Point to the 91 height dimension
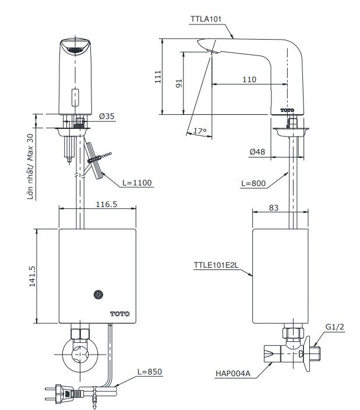pos(179,83)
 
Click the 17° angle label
pos(200,131)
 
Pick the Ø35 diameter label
pos(107,116)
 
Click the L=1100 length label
pos(138,183)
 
